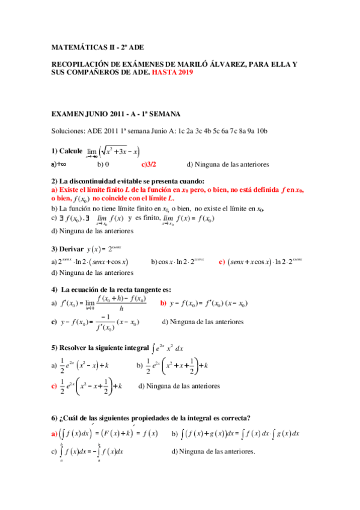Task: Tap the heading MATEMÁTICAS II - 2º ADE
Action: pos(97,46)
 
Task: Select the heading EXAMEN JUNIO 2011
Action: pos(113,113)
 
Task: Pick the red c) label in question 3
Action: pos(222,262)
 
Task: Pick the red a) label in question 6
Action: pos(54,433)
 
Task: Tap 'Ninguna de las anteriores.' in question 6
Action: pos(213,451)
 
